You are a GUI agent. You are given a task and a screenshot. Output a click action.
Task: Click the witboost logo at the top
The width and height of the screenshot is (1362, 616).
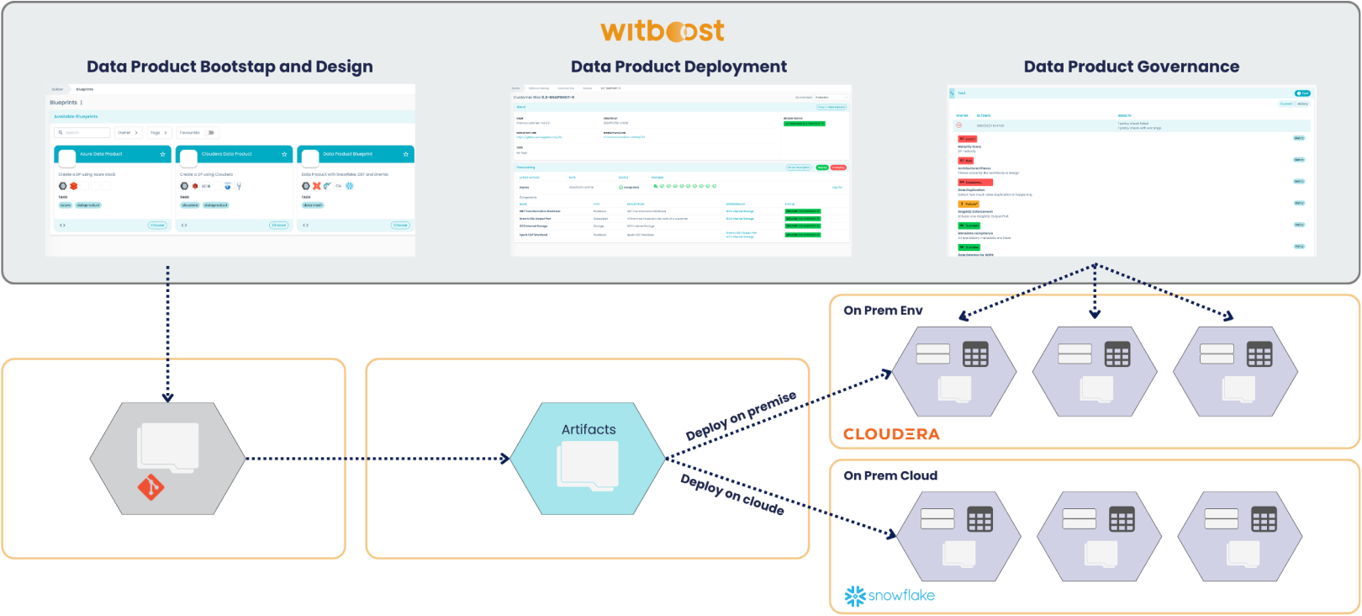pos(662,31)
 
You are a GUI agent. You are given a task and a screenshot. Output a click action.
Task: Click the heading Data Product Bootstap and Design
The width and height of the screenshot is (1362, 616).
pos(230,66)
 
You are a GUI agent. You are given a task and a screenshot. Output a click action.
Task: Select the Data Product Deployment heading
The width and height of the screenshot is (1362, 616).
pos(678,66)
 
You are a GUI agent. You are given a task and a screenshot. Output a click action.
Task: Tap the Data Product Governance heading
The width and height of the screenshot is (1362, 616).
pos(1131,66)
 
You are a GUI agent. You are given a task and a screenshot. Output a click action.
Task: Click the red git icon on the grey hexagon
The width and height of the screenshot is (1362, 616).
pos(150,486)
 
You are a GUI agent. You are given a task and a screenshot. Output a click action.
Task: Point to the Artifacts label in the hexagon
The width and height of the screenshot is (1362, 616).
pos(589,429)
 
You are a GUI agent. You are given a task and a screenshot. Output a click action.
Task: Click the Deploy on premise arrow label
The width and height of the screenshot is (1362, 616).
pos(741,416)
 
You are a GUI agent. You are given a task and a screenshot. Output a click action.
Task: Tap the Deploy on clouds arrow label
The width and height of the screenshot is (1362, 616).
pos(732,494)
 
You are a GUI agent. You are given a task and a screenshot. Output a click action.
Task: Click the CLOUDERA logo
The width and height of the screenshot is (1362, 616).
pos(891,434)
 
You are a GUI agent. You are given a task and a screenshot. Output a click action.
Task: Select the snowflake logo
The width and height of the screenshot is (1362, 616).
pos(890,596)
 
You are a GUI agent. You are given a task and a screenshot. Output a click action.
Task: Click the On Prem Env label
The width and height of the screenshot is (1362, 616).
pos(883,311)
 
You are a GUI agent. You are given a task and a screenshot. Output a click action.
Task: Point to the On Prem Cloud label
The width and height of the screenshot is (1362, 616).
pos(890,475)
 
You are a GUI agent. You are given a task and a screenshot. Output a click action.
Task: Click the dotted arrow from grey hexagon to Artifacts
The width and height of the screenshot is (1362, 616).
pos(378,459)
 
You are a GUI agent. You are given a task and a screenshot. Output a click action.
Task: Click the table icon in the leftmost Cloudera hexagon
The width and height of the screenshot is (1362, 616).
pos(975,355)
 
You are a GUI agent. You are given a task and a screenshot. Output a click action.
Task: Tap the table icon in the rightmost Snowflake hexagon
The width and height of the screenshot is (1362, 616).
pos(1263,520)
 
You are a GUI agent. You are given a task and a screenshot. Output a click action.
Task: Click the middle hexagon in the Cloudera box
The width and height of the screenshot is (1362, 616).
pos(1095,371)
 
